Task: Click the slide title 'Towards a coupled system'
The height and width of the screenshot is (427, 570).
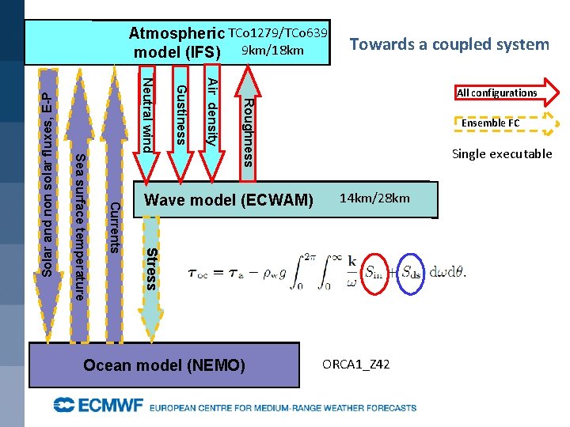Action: pyautogui.click(x=449, y=44)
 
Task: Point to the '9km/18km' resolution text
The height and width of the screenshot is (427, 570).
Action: pyautogui.click(x=273, y=51)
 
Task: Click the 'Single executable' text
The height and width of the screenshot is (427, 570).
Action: pyautogui.click(x=501, y=153)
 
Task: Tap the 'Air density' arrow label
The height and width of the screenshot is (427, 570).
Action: pyautogui.click(x=211, y=111)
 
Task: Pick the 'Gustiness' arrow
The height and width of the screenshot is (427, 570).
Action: pyautogui.click(x=180, y=115)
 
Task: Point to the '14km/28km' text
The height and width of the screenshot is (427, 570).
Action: pyautogui.click(x=374, y=198)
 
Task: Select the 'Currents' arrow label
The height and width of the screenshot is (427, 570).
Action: pyautogui.click(x=114, y=228)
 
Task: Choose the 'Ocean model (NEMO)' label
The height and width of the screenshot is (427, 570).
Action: pyautogui.click(x=165, y=365)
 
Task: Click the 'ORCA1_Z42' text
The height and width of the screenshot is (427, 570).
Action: pyautogui.click(x=355, y=364)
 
